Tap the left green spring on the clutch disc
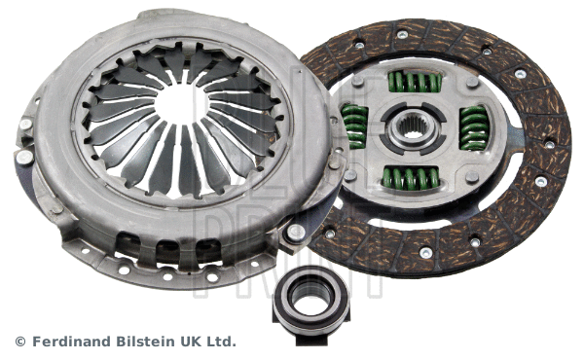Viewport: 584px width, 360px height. [x=355, y=125]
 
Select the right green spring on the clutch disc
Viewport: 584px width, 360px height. [x=473, y=126]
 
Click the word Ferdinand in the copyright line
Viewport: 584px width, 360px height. [x=70, y=342]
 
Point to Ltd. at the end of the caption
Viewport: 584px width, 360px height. [x=221, y=342]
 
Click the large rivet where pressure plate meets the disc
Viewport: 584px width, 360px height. [x=293, y=233]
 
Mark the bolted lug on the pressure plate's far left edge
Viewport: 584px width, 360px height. [x=22, y=156]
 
